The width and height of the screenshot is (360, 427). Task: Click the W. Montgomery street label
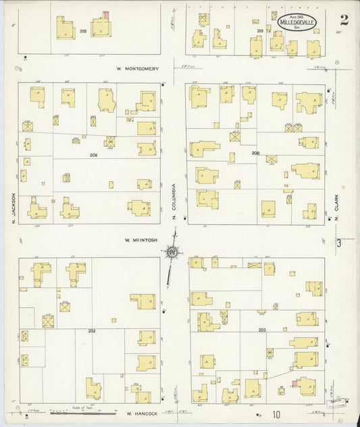click(137, 68)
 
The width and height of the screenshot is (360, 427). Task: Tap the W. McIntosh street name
click(140, 239)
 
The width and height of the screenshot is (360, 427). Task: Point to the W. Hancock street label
click(140, 412)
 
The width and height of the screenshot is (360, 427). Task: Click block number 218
click(83, 31)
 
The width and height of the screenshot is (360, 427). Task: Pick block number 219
click(260, 31)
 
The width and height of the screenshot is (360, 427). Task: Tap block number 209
click(94, 155)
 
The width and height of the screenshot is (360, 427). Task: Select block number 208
click(255, 153)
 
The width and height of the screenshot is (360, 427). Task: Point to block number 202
click(91, 330)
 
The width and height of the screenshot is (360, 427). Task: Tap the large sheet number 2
click(344, 20)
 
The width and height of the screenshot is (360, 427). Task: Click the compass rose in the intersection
click(172, 253)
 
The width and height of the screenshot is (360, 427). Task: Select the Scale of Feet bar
click(84, 411)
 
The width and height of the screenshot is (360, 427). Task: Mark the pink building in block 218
click(105, 15)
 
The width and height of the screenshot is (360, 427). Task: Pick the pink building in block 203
click(294, 384)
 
